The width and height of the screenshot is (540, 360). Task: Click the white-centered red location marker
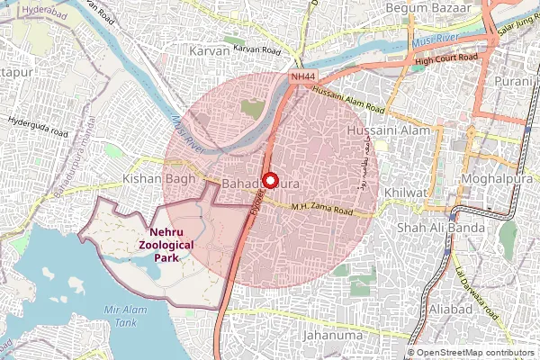tap(268, 177)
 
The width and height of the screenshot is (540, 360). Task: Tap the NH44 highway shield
tap(301, 78)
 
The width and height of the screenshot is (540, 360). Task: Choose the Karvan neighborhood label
tap(211, 51)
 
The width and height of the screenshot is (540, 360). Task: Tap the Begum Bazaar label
tap(427, 8)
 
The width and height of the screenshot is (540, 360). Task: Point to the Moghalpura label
tap(491, 181)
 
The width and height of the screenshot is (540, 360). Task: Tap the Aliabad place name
tap(449, 310)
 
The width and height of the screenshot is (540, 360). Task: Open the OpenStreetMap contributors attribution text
tap(475, 353)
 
